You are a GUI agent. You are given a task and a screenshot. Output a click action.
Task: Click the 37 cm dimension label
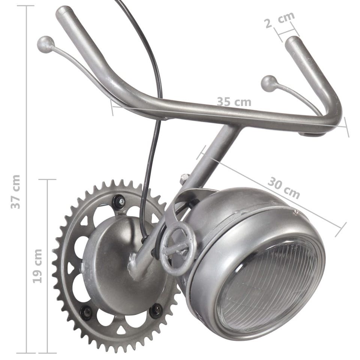click(16, 192)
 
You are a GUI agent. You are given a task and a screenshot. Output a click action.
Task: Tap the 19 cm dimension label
click(37, 266)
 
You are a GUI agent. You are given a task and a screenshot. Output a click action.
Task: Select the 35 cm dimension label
click(234, 102)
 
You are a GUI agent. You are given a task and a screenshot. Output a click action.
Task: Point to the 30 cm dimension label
click(283, 187)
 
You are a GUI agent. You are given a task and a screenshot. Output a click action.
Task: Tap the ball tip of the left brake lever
click(45, 44)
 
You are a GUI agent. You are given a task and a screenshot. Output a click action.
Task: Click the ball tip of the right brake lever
click(269, 84)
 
